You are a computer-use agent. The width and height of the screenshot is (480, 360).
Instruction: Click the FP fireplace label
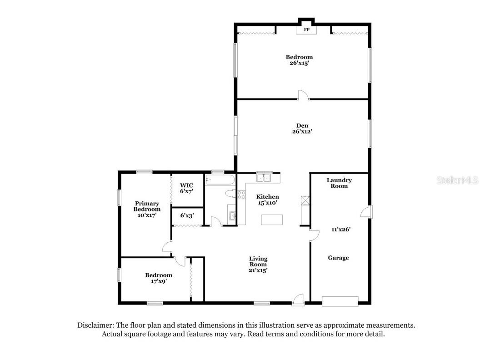click(x=306, y=30)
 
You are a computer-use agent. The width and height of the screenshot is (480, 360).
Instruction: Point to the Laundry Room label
click(x=339, y=183)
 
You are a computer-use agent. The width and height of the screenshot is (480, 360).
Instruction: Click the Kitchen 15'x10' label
click(x=267, y=200)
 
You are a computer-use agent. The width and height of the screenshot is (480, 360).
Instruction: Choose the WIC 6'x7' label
click(x=186, y=188)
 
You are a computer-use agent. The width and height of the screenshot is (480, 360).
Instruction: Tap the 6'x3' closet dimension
click(x=186, y=216)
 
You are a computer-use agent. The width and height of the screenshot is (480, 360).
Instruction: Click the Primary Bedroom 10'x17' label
click(x=146, y=209)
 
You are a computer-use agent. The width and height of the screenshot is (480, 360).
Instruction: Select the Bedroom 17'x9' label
click(x=159, y=278)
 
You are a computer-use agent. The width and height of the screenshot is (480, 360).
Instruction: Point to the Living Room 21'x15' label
click(x=258, y=264)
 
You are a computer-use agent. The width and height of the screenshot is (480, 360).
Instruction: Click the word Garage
click(x=339, y=258)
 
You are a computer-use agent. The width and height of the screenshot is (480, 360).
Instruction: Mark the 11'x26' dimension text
click(x=340, y=230)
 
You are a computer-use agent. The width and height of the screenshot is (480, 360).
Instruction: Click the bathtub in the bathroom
click(x=220, y=180)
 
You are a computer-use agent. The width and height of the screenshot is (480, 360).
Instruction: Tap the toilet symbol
click(x=230, y=194)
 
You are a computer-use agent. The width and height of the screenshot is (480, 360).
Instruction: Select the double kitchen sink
click(x=264, y=178)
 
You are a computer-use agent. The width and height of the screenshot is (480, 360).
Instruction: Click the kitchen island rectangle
click(x=272, y=220)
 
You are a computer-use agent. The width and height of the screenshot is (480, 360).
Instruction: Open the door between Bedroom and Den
click(x=304, y=95)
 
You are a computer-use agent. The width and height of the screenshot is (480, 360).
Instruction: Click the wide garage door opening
click(x=340, y=300)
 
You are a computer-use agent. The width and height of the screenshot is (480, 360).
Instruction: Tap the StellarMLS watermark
click(x=457, y=180)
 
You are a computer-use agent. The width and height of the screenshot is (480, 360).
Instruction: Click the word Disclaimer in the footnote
click(x=95, y=325)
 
